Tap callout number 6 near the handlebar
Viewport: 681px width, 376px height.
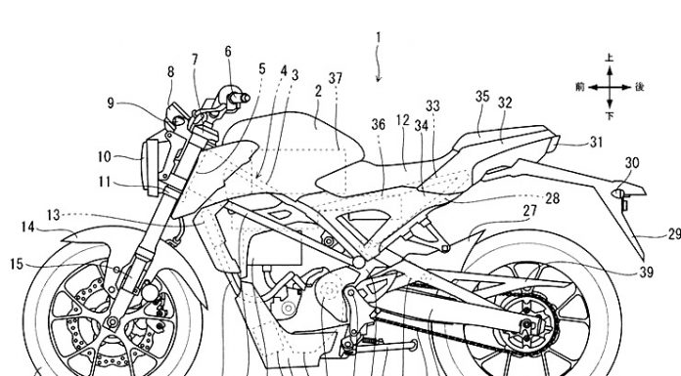(228, 51)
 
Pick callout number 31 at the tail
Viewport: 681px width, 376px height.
(597, 142)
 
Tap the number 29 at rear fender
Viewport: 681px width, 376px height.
(673, 232)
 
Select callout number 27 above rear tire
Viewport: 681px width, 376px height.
(529, 210)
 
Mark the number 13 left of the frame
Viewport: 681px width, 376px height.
(52, 213)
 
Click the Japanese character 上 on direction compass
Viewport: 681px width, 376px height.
(609, 58)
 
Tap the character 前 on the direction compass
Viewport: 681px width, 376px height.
(581, 87)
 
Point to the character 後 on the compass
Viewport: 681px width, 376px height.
(639, 87)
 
